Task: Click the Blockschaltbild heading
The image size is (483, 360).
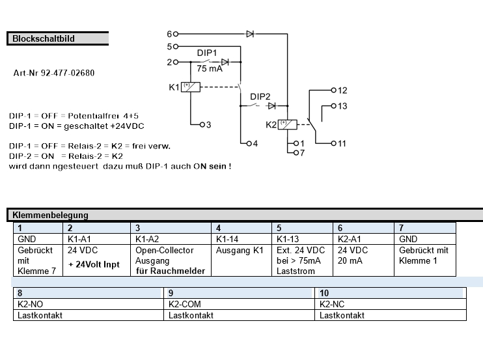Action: click(x=43, y=38)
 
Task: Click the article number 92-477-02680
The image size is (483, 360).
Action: click(x=53, y=73)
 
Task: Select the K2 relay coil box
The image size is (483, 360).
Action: click(x=287, y=124)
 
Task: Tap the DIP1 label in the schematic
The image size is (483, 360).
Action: click(x=207, y=52)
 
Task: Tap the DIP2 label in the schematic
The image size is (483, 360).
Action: click(x=260, y=96)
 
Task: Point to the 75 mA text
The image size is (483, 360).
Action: click(x=210, y=69)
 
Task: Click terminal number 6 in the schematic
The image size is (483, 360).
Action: click(x=169, y=33)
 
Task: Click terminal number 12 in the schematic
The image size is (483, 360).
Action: click(x=342, y=90)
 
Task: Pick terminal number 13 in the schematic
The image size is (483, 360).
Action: click(x=342, y=105)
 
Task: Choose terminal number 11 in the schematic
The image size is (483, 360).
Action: click(x=342, y=143)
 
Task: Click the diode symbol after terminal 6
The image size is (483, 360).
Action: click(x=250, y=33)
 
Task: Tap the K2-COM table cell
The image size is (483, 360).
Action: click(x=183, y=304)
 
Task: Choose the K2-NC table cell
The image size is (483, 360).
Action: click(x=333, y=304)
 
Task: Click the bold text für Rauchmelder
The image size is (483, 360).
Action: click(x=171, y=271)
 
